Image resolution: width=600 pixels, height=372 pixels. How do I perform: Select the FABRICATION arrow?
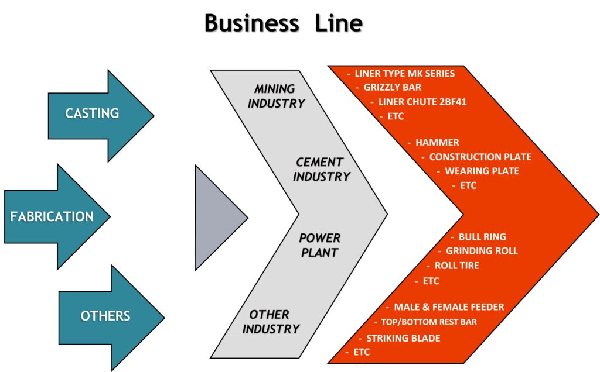(52, 216)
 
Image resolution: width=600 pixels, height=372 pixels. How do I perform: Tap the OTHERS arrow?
(105, 316)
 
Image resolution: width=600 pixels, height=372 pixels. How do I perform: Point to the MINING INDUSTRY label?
(276, 96)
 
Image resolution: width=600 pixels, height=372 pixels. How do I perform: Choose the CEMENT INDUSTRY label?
(322, 169)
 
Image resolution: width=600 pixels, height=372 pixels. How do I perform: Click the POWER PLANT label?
(319, 245)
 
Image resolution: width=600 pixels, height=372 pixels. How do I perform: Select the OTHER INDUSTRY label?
(270, 322)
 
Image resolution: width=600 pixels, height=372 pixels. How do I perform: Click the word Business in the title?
(250, 23)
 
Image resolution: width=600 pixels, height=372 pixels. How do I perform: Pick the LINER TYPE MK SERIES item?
(404, 74)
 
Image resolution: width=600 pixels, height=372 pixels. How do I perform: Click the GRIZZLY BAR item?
(392, 88)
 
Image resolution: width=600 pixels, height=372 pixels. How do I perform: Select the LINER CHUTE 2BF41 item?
(418, 102)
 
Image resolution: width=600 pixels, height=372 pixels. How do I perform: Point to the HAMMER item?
(437, 142)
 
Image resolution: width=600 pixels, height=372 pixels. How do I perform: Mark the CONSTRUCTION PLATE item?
(480, 157)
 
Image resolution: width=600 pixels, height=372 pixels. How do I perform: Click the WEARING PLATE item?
(482, 171)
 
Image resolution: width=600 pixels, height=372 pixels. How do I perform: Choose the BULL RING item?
(482, 237)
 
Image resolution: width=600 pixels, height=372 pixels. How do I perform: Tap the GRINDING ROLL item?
(482, 251)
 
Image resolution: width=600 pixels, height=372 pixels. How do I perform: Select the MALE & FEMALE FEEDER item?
(449, 307)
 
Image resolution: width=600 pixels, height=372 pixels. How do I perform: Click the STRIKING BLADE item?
(403, 338)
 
